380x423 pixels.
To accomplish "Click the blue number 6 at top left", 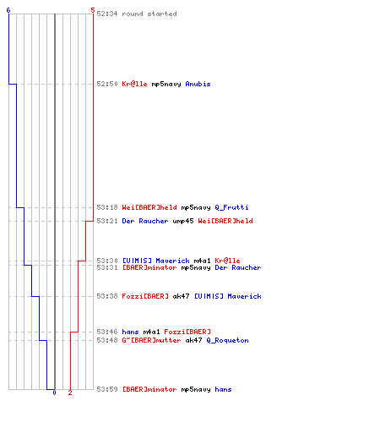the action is (x=8, y=10).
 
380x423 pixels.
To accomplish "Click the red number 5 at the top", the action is (x=93, y=10).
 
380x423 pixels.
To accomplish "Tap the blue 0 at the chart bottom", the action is (x=54, y=393).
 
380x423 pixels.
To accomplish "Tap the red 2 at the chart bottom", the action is (x=70, y=393).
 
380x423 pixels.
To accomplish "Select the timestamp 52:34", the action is (x=107, y=14).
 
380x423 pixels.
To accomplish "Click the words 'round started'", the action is (x=149, y=14).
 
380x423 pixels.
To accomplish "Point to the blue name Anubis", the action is (x=198, y=84).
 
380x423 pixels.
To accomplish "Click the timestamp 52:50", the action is (x=107, y=84).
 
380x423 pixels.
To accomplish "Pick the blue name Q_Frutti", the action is (x=231, y=207).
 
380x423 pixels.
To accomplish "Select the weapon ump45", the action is (x=183, y=221).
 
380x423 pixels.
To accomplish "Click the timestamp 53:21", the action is (x=107, y=221).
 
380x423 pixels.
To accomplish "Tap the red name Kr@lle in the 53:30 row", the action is (x=227, y=261).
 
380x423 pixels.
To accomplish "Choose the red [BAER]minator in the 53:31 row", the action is (x=149, y=267).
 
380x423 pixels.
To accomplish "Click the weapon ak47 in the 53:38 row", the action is (x=181, y=296).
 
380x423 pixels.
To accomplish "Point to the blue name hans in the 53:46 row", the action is (x=130, y=332).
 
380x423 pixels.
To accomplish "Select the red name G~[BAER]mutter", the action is (x=151, y=340).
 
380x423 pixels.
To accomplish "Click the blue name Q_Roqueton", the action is (x=227, y=340).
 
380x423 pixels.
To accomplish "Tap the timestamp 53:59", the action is (x=107, y=389).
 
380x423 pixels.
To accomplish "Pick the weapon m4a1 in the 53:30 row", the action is (x=202, y=261).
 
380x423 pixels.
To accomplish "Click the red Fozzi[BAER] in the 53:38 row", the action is (x=145, y=296).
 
